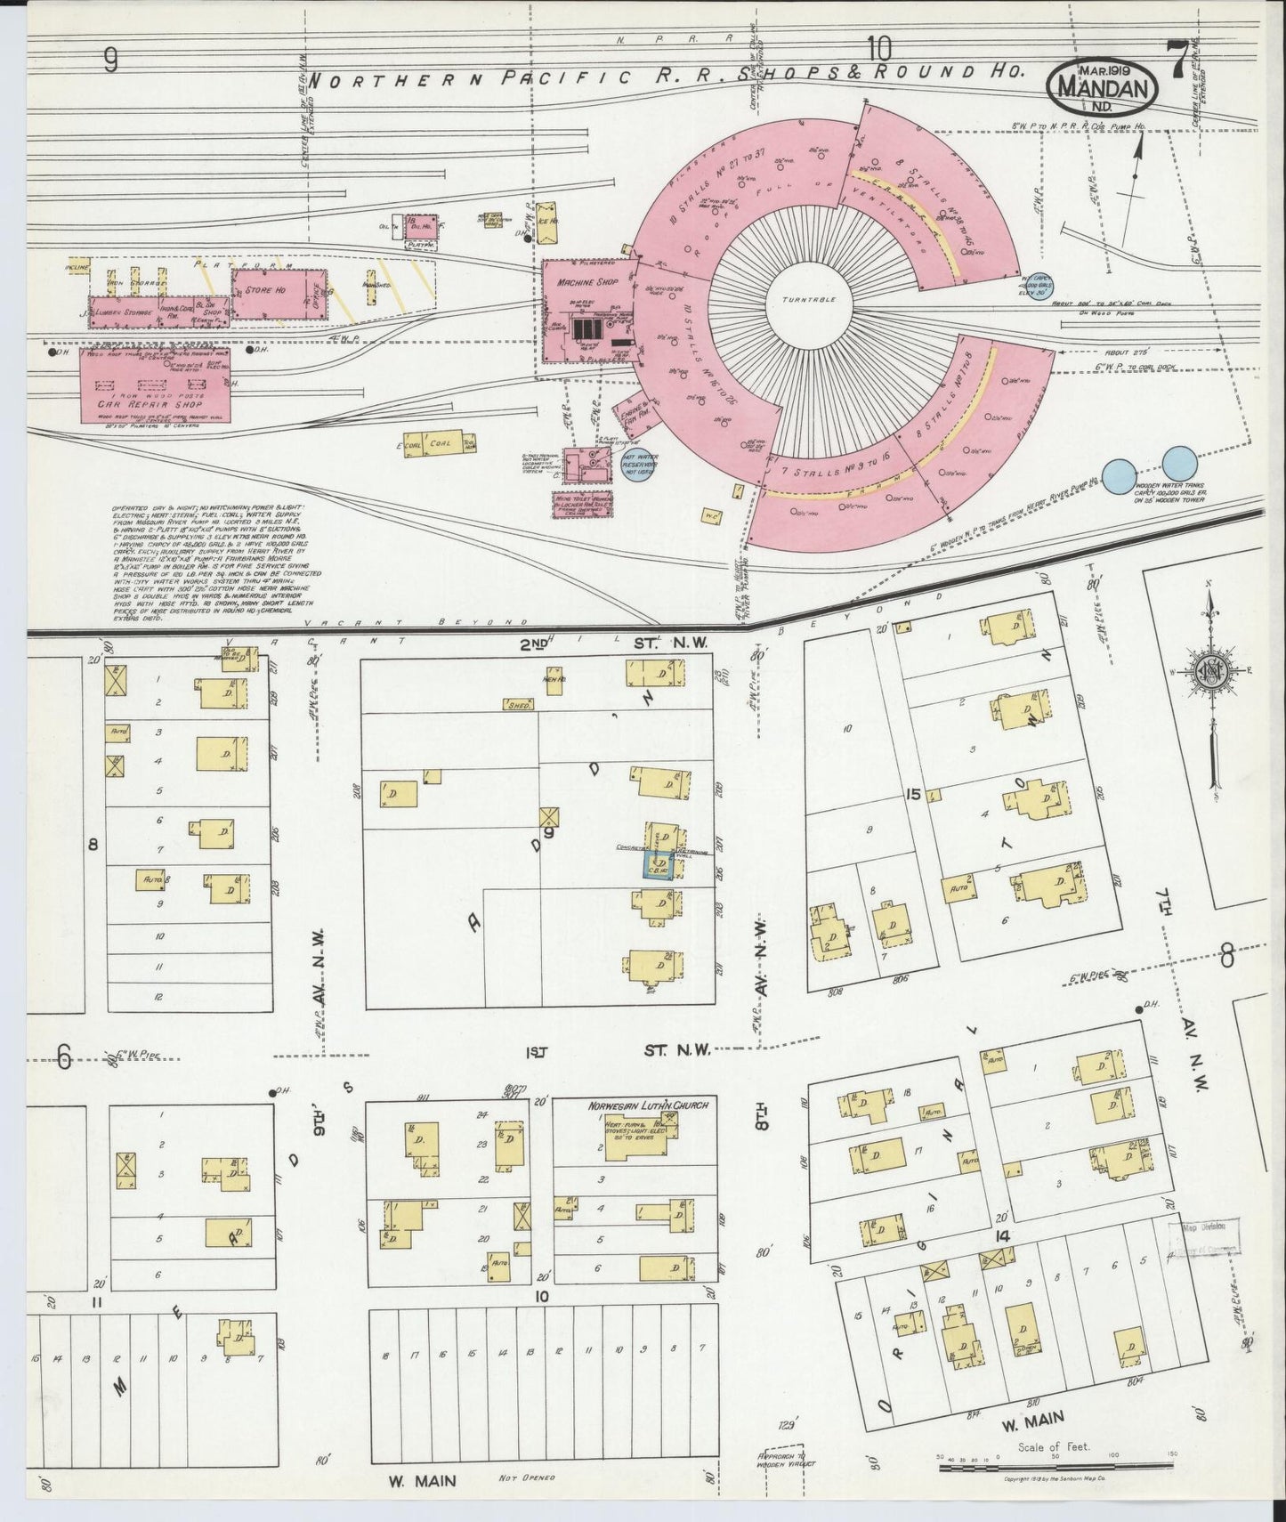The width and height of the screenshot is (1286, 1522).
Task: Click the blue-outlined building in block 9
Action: coord(659,865)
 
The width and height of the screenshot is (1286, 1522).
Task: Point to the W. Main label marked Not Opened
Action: coord(423,1480)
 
